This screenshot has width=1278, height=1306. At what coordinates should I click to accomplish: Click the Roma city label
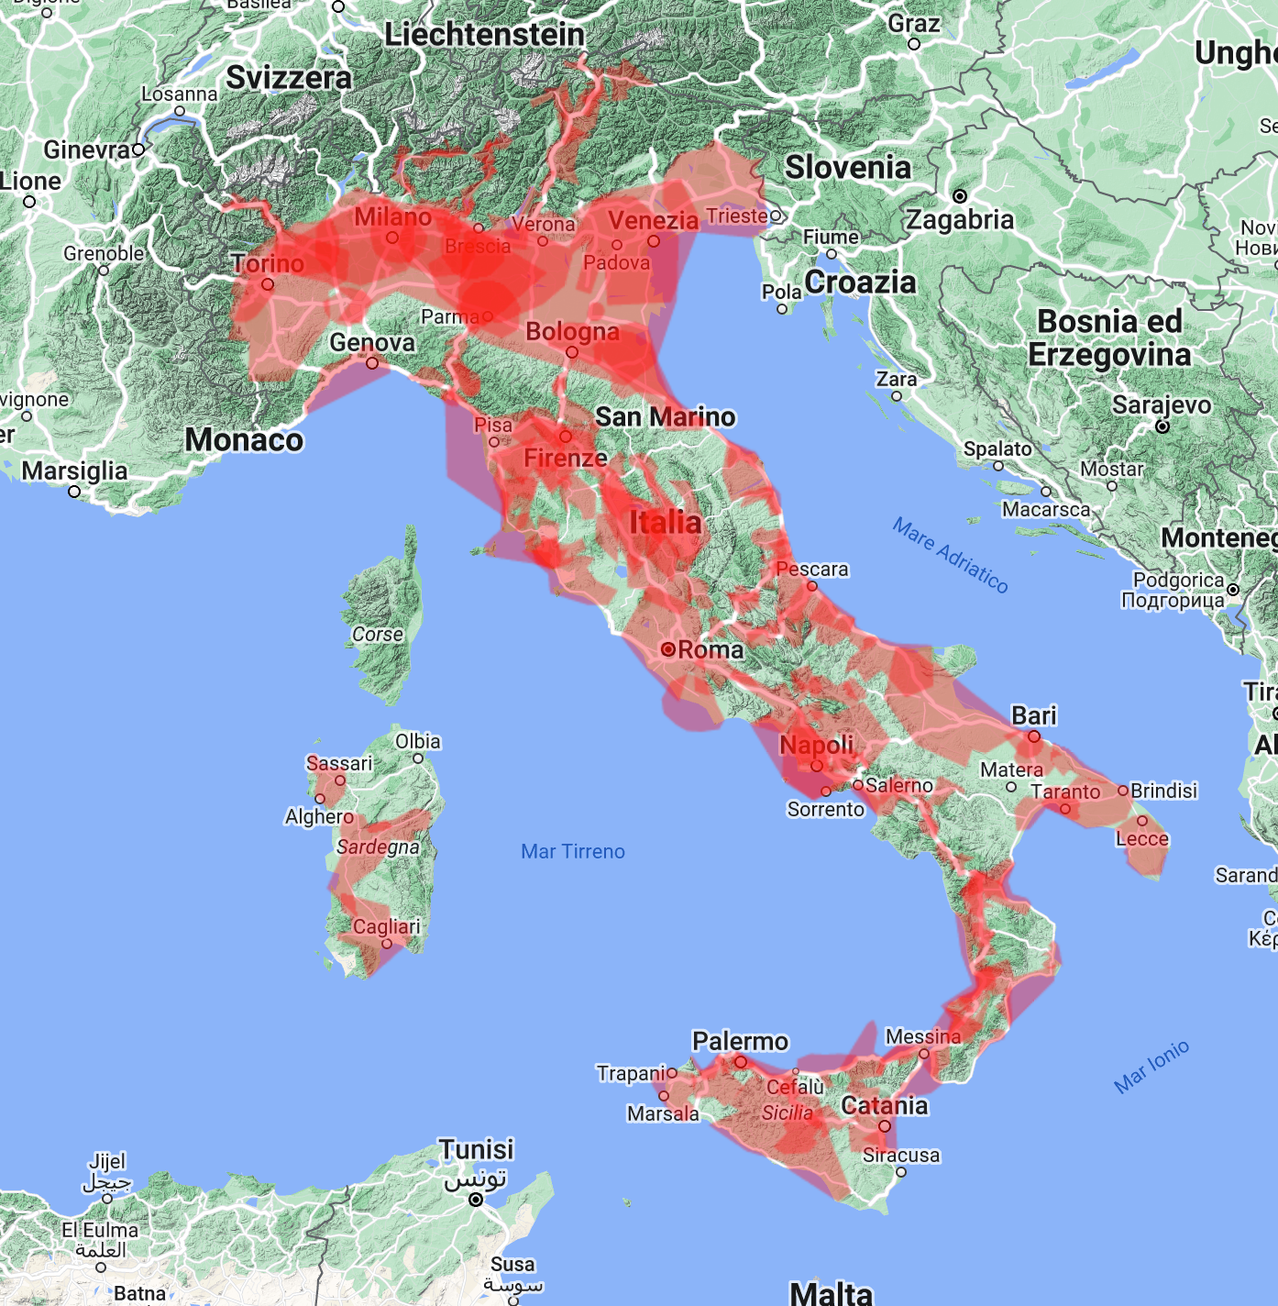pyautogui.click(x=711, y=649)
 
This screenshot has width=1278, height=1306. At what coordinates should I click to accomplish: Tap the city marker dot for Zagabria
pyautogui.click(x=960, y=196)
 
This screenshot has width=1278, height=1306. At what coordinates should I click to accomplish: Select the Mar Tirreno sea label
pyautogui.click(x=573, y=851)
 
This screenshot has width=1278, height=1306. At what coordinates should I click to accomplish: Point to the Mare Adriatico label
pyautogui.click(x=951, y=555)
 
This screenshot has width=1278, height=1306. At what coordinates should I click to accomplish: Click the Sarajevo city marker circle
pyautogui.click(x=1162, y=426)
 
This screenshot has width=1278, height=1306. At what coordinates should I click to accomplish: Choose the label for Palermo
pyautogui.click(x=740, y=1041)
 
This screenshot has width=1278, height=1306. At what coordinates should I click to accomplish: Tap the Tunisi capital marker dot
pyautogui.click(x=476, y=1200)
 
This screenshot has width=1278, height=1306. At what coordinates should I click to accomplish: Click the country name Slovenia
pyautogui.click(x=848, y=167)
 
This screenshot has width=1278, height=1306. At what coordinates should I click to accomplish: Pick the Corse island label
pyautogui.click(x=378, y=634)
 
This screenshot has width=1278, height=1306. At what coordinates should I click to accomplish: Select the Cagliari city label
pyautogui.click(x=387, y=926)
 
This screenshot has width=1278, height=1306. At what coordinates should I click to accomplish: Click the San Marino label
pyautogui.click(x=666, y=417)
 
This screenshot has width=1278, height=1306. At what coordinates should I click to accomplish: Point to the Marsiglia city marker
pyautogui.click(x=75, y=492)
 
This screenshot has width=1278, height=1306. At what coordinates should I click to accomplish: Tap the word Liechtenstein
pyautogui.click(x=484, y=35)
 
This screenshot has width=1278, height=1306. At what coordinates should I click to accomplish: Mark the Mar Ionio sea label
pyautogui.click(x=1151, y=1066)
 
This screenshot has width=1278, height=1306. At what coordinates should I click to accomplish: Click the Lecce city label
pyautogui.click(x=1142, y=838)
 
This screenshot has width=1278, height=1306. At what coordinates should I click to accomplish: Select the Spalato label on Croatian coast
pyautogui.click(x=997, y=449)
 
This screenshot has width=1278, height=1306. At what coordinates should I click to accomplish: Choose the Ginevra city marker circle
pyautogui.click(x=138, y=149)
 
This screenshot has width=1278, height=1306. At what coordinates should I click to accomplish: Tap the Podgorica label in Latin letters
pyautogui.click(x=1178, y=580)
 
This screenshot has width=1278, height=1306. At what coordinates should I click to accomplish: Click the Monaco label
pyautogui.click(x=244, y=440)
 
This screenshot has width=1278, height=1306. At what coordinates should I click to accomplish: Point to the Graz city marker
pyautogui.click(x=913, y=44)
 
